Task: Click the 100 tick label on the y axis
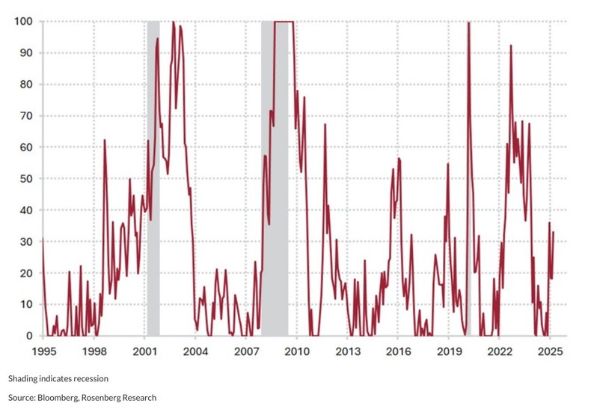pos(21,22)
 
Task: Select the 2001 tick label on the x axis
pos(144,351)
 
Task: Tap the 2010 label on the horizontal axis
pos(296,351)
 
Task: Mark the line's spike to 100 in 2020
pos(468,23)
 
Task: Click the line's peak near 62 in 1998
pos(104,140)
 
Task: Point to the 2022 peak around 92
pos(511,46)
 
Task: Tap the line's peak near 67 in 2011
pos(325,124)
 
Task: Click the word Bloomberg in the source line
pos(66,397)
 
